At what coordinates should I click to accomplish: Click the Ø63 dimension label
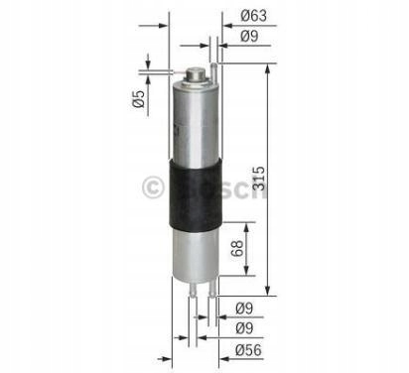[x=253, y=16]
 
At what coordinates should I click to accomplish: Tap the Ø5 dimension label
[x=139, y=99]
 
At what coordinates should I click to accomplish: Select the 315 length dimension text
[x=259, y=179]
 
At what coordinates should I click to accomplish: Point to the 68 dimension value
[x=237, y=248]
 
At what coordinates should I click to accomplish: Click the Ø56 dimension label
[x=248, y=350]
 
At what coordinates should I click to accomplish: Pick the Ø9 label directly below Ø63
[x=249, y=36]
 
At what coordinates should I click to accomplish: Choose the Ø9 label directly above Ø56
[x=244, y=328]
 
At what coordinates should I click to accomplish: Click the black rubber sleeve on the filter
[x=196, y=194]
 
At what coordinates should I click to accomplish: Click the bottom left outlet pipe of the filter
[x=193, y=289]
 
